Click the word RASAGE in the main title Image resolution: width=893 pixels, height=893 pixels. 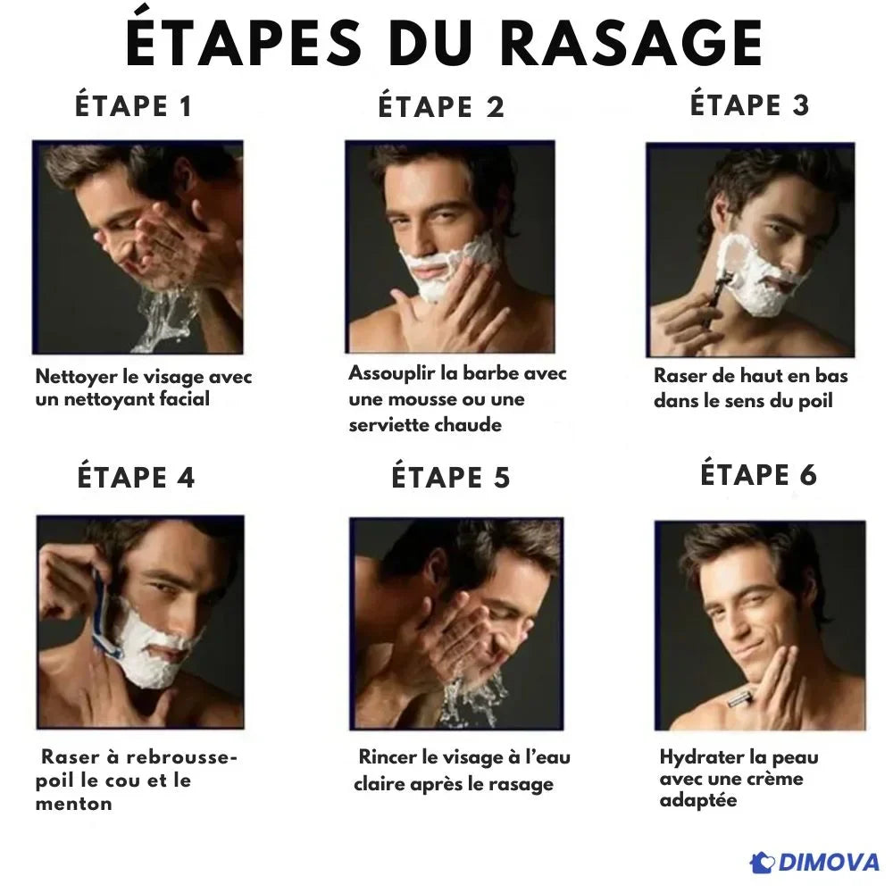tap(633, 43)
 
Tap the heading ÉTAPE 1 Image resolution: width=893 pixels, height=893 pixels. tap(133, 106)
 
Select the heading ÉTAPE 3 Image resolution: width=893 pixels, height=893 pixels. tap(749, 104)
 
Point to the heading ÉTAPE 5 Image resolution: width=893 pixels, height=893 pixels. tap(450, 477)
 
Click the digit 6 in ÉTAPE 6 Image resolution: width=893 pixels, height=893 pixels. tap(807, 475)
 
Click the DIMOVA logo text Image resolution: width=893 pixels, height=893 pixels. tap(829, 862)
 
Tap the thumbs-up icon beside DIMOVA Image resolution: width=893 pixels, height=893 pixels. tap(763, 863)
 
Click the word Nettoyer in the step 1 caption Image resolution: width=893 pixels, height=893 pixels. tap(76, 377)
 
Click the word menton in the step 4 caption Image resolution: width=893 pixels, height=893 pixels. tap(73, 804)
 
